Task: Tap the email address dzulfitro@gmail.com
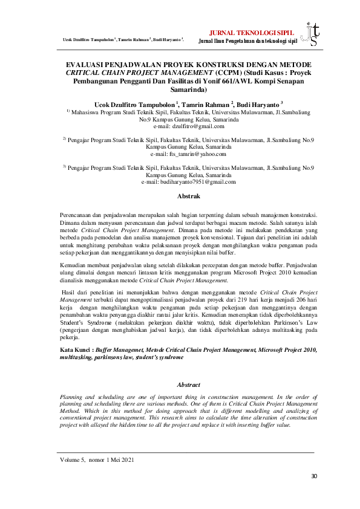180,126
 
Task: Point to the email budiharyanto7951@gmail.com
180,181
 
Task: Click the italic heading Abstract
180,384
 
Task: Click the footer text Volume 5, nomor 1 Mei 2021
97,460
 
